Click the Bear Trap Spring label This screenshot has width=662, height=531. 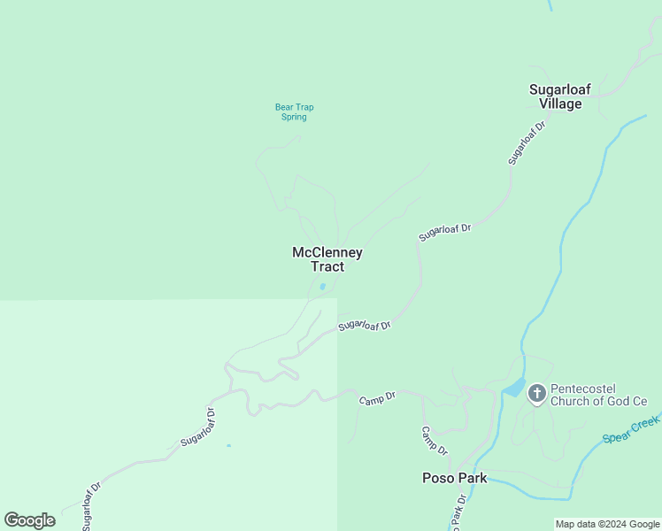tap(294, 112)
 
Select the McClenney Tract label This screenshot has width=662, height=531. tap(327, 259)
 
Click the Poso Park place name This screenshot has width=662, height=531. tap(453, 479)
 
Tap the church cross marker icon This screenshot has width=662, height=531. tap(537, 394)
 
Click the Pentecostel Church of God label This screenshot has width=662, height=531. tap(599, 395)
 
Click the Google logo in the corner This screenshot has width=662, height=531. tap(29, 520)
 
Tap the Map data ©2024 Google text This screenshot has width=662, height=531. tap(607, 525)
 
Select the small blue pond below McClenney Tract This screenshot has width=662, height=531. tap(322, 287)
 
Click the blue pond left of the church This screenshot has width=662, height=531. tap(514, 388)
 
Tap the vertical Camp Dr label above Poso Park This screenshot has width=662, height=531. tap(435, 441)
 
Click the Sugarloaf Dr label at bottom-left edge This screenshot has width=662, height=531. tap(92, 507)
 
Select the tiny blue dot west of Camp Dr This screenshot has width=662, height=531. tap(228, 445)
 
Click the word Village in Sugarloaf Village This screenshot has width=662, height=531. tap(560, 104)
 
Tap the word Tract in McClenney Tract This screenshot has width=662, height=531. tap(327, 266)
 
